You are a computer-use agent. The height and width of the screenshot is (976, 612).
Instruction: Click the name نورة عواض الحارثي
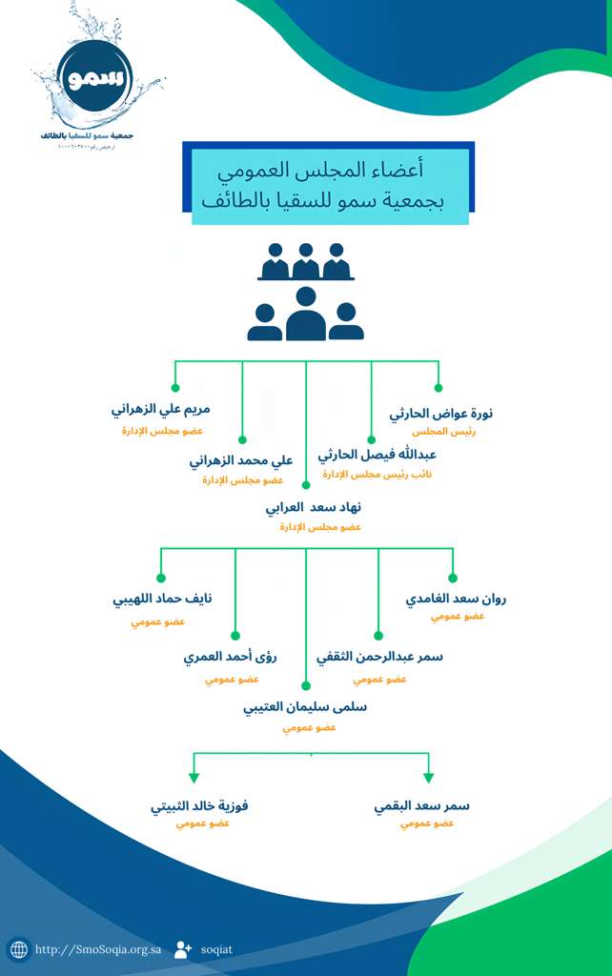point(441,414)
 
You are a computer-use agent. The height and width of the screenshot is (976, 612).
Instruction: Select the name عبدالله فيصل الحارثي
point(377,455)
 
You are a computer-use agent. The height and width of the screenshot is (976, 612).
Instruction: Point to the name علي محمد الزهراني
point(241,461)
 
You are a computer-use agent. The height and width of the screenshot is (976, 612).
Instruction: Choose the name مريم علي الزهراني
point(161,410)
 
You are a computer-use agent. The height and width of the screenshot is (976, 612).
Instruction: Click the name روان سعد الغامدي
point(456,600)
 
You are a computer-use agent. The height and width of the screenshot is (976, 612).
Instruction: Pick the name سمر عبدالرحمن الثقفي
point(379,657)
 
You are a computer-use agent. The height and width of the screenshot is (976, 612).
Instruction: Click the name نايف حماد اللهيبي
point(162,600)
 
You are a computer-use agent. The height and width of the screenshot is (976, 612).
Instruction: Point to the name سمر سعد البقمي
point(422,805)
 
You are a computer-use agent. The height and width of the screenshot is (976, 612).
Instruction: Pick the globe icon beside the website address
point(18,949)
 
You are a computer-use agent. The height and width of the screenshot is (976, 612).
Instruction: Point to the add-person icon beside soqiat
point(183,949)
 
